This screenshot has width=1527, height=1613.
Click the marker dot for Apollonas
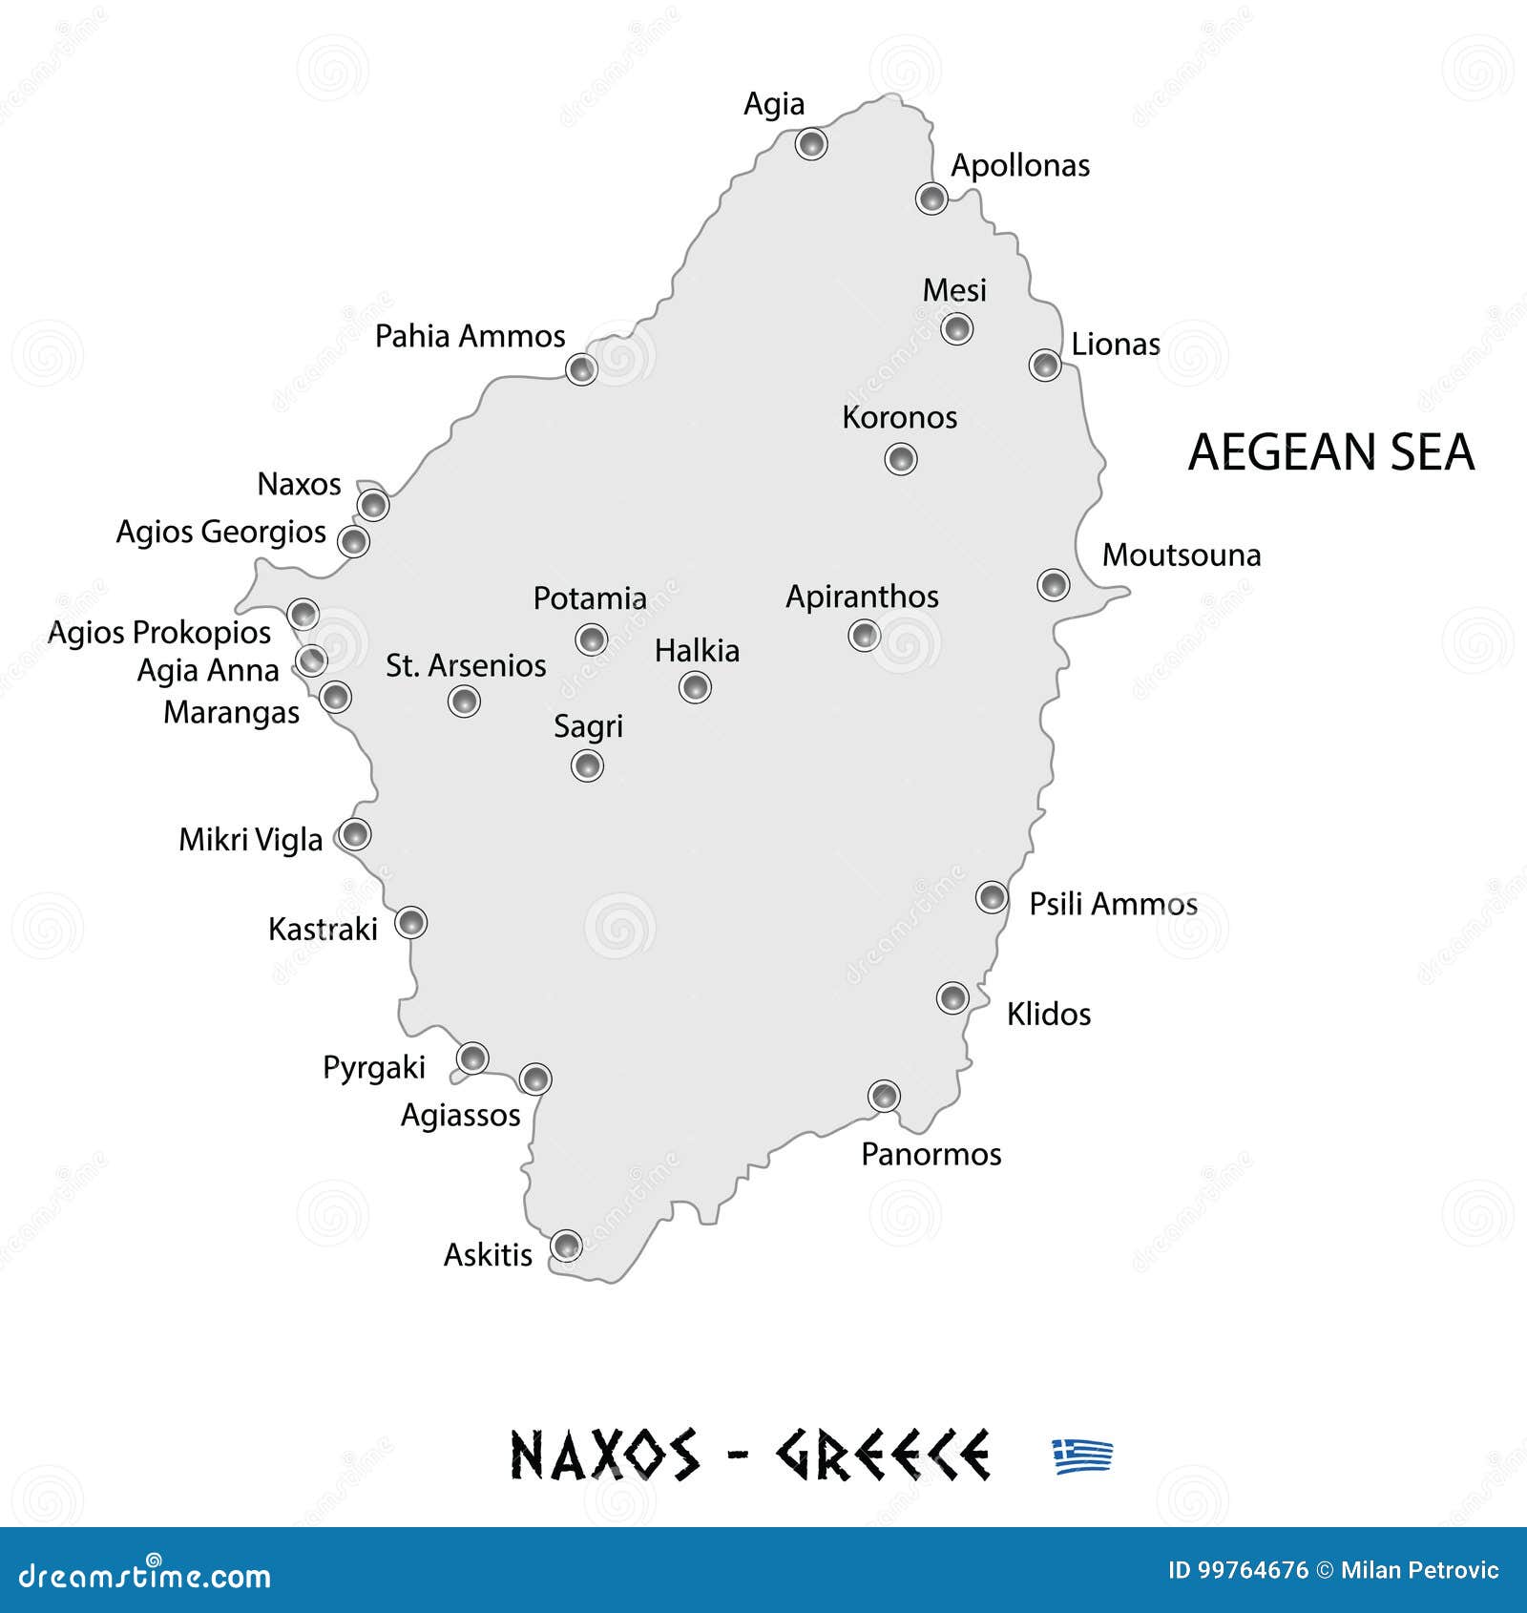(931, 199)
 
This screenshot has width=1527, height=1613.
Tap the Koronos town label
(899, 417)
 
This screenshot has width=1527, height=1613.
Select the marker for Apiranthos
(864, 635)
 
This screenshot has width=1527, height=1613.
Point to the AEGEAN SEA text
(1331, 451)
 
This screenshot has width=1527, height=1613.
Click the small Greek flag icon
(1082, 1456)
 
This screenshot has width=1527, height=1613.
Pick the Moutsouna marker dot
(1054, 584)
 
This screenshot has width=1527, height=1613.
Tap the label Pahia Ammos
(470, 336)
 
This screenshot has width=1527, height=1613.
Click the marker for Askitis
(566, 1246)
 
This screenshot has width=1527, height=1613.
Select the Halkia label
(697, 651)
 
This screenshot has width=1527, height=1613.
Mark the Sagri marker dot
(587, 765)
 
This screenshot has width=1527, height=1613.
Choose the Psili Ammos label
(1113, 904)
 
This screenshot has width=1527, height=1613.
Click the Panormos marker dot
(884, 1096)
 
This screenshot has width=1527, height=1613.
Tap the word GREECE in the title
(883, 1456)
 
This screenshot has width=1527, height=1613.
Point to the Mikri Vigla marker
(355, 834)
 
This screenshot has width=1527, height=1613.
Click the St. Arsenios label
(466, 665)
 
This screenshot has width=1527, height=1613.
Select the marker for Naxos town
(373, 505)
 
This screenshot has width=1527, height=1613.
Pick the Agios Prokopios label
(159, 632)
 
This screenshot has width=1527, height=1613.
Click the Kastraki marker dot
(410, 923)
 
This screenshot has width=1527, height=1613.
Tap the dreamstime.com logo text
(145, 1576)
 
